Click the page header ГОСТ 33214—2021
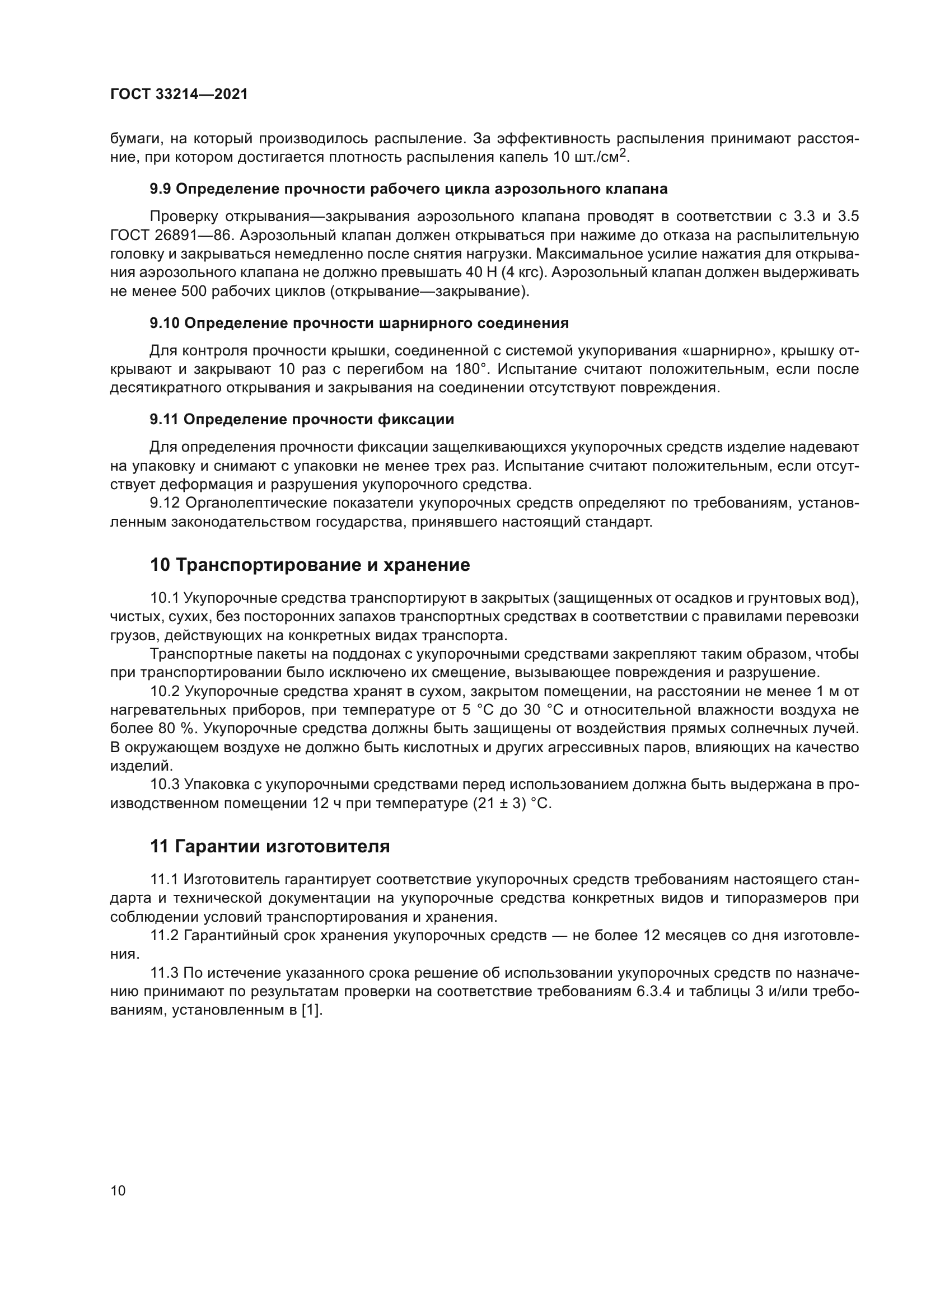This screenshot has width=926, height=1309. pos(179,94)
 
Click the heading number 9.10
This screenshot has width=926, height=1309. pos(165,323)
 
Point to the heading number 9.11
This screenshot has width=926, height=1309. pos(164,420)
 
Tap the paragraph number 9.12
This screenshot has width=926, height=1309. pos(165,504)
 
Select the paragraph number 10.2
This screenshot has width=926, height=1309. pos(165,692)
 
